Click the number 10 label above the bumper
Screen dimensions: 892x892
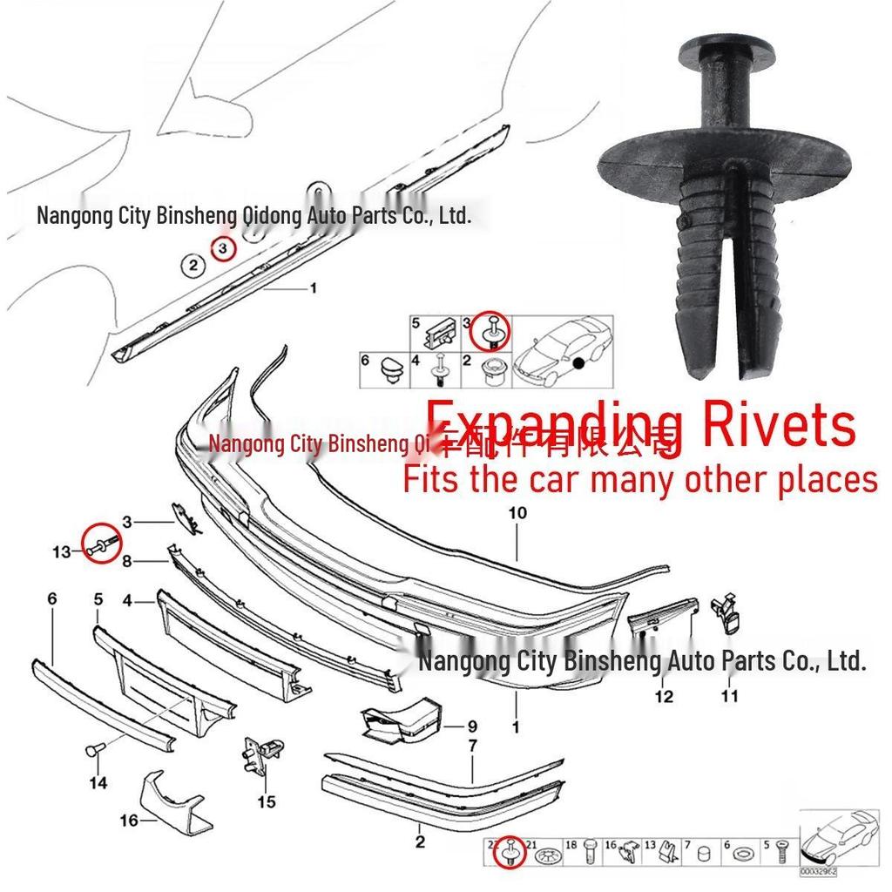point(517,513)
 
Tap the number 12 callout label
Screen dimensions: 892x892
point(664,696)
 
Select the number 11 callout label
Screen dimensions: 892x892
point(729,696)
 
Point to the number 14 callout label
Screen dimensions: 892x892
point(98,783)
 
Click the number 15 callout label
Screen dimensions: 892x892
point(267,801)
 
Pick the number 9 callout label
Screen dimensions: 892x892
point(472,726)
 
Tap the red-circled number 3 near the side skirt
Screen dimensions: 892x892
point(224,248)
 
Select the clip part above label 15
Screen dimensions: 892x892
point(261,754)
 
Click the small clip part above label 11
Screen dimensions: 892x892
point(726,614)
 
